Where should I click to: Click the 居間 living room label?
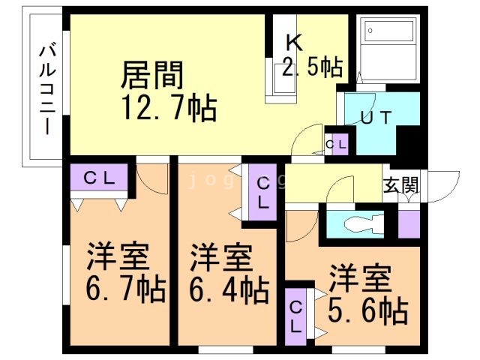pos(152,75)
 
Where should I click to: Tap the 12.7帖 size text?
pos(169,109)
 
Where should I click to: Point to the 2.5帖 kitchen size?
pos(313,67)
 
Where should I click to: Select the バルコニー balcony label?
pos(46,89)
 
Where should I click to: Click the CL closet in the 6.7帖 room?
pos(100,178)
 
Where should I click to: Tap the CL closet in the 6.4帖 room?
pos(263,193)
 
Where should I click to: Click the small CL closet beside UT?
pos(335,144)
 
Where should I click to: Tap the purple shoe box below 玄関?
pos(409,224)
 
